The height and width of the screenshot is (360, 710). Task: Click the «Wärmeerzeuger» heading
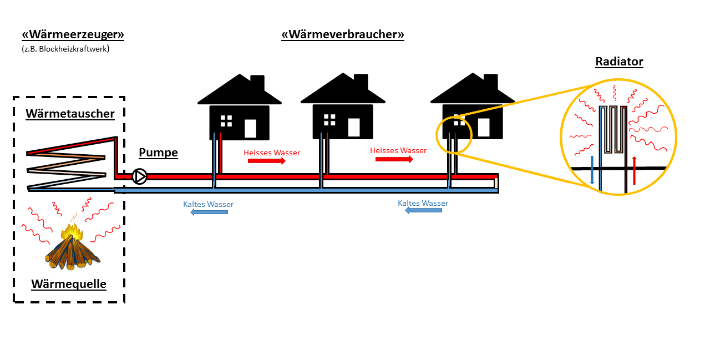[73, 34]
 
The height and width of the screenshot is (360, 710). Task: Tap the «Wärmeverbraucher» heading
[343, 34]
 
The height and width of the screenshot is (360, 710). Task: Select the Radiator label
[619, 62]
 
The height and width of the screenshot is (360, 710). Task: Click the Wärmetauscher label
[70, 114]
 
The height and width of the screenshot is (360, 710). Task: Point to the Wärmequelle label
[69, 284]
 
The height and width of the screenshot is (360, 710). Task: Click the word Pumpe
[158, 153]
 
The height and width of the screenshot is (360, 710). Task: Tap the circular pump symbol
[140, 176]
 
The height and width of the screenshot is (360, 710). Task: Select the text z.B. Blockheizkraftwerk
[65, 49]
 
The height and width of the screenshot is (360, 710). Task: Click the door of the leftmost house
[250, 128]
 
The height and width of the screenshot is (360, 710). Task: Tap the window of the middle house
[329, 120]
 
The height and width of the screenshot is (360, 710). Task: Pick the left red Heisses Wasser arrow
[266, 161]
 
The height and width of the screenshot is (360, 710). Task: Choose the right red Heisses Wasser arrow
[394, 159]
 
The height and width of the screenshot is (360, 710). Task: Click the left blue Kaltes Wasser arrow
[209, 212]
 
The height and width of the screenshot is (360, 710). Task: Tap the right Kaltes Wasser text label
[423, 204]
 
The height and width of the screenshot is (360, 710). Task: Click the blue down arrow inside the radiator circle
[592, 170]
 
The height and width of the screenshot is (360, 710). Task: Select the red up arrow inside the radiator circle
[634, 170]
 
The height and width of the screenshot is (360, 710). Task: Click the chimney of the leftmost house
[257, 83]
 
